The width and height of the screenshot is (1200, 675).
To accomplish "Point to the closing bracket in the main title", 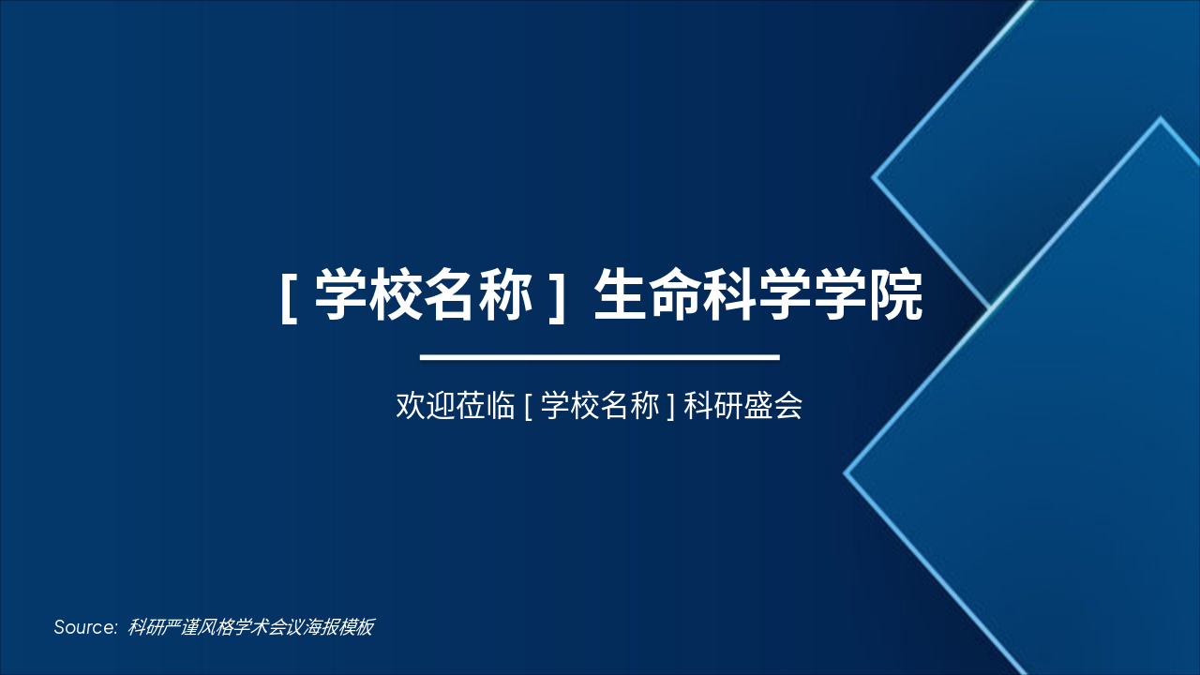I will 557,297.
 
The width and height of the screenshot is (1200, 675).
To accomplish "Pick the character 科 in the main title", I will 731,295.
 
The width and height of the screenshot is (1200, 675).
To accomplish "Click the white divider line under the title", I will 600,357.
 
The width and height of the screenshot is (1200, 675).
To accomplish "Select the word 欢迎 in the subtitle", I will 426,407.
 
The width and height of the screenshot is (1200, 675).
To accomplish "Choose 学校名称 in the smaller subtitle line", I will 600,407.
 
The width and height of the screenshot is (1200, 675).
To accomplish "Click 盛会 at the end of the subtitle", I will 773,407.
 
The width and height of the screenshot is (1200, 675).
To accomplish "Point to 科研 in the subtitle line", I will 713,407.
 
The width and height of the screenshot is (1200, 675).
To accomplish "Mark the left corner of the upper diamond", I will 874,175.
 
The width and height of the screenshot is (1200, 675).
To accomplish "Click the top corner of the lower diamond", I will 1161,119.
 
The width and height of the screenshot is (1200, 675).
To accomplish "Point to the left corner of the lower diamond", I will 846,473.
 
